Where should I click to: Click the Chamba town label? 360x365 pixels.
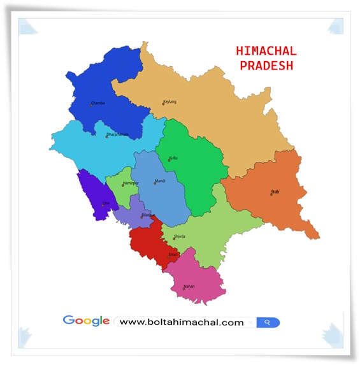pyautogui.click(x=98, y=103)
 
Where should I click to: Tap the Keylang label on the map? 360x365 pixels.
pyautogui.click(x=170, y=102)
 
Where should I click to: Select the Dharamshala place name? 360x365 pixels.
pyautogui.click(x=118, y=134)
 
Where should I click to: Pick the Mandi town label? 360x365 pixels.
pyautogui.click(x=160, y=181)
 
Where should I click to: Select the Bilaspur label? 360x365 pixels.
pyautogui.click(x=148, y=215)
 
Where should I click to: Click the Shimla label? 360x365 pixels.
pyautogui.click(x=180, y=236)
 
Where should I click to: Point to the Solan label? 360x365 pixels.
pyautogui.click(x=173, y=254)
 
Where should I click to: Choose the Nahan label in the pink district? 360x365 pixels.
pyautogui.click(x=189, y=287)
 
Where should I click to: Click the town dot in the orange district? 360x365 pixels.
pyautogui.click(x=271, y=194)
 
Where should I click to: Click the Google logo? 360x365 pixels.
pyautogui.click(x=86, y=321)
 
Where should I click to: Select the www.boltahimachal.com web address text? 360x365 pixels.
pyautogui.click(x=182, y=322)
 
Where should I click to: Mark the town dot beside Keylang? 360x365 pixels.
pyautogui.click(x=163, y=103)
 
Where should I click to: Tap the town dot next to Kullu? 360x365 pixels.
pyautogui.click(x=169, y=160)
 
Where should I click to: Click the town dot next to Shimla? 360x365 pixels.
pyautogui.click(x=174, y=238)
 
